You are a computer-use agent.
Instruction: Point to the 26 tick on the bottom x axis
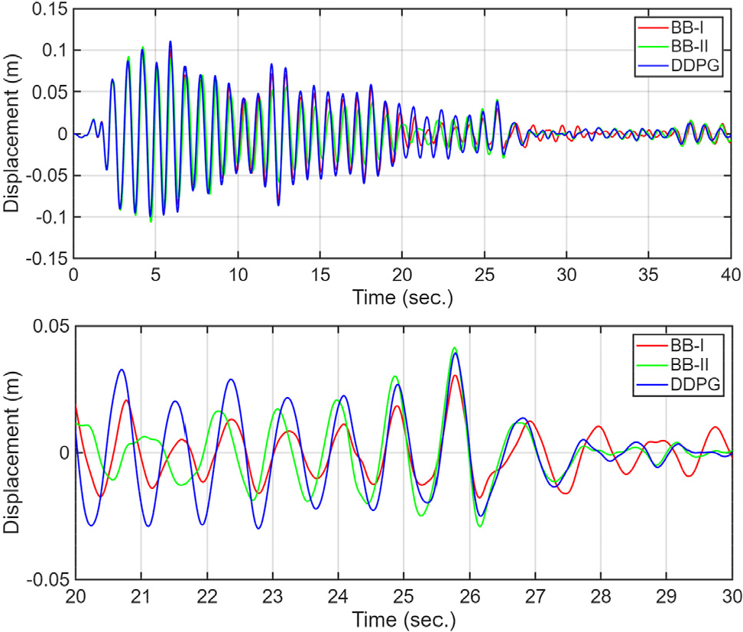[x=469, y=595]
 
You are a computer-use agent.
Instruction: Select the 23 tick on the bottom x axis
[x=272, y=595]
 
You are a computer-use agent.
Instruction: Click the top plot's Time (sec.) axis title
[x=402, y=297]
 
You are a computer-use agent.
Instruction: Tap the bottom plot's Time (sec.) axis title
[x=402, y=617]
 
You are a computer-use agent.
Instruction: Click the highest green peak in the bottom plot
[x=454, y=347]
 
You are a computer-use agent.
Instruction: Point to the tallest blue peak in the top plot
[x=170, y=41]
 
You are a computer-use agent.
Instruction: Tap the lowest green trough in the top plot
[x=151, y=222]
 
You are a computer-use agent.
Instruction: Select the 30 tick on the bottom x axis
[x=732, y=595]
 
